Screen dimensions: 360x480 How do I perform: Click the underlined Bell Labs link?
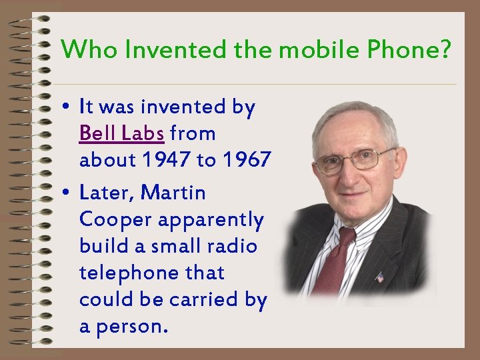click(x=121, y=133)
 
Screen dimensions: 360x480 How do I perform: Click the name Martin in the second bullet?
click(x=175, y=193)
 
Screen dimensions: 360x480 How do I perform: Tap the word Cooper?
click(x=105, y=219)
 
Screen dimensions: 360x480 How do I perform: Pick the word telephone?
click(x=126, y=273)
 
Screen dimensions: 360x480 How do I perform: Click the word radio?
click(x=233, y=246)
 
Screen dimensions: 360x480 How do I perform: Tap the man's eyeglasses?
click(x=352, y=159)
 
